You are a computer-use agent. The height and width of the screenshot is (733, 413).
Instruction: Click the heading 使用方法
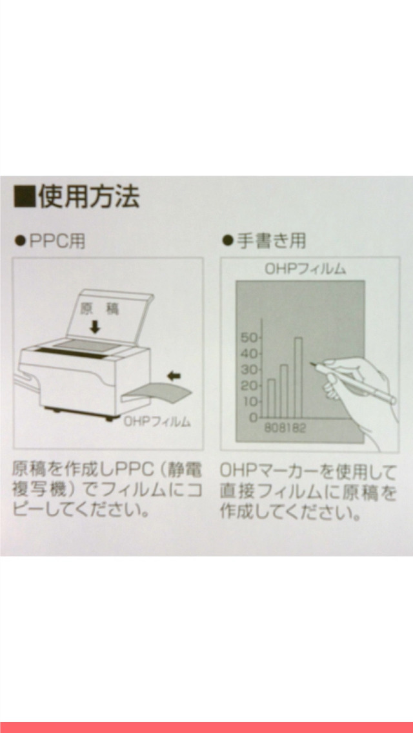click(x=88, y=197)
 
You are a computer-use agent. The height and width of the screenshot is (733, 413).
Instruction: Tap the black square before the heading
click(x=24, y=197)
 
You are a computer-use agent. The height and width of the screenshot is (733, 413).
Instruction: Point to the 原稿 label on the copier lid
click(x=100, y=309)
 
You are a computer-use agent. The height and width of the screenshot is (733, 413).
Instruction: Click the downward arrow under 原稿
click(x=96, y=326)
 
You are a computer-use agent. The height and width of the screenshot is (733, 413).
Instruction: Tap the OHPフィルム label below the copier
click(x=157, y=422)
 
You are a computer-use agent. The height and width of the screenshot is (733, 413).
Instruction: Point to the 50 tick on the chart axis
click(x=249, y=338)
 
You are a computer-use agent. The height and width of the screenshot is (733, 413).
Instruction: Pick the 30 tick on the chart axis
click(x=249, y=370)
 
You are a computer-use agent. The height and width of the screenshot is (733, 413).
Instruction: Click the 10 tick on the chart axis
click(x=249, y=402)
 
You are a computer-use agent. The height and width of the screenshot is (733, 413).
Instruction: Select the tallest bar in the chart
click(x=298, y=377)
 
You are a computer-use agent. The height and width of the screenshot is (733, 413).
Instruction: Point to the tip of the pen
click(x=311, y=365)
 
